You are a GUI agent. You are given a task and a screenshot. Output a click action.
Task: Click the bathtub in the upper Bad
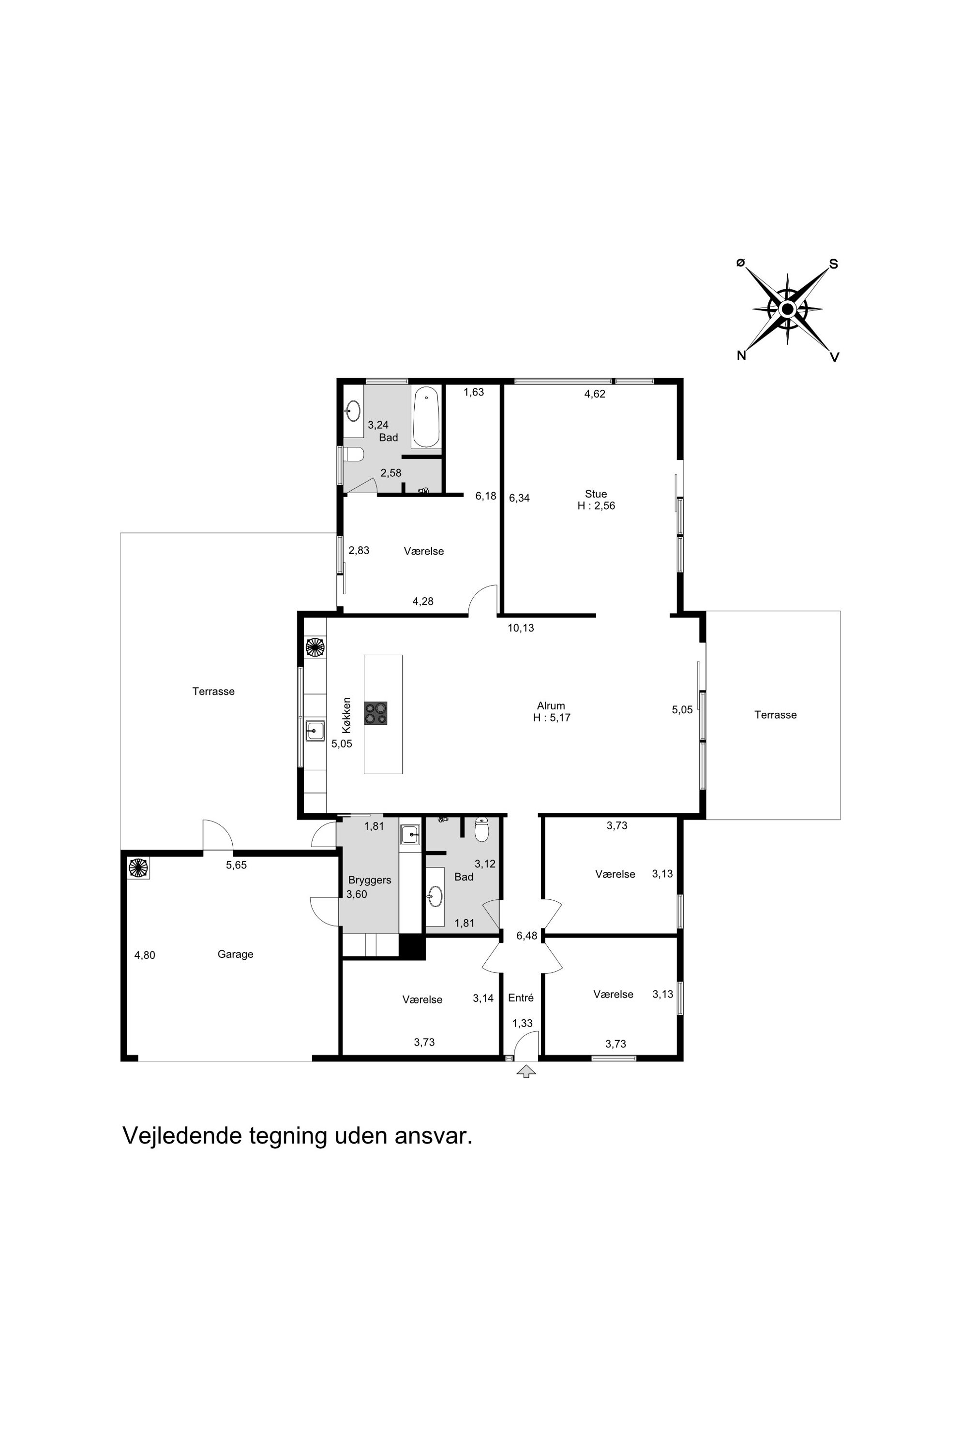426,417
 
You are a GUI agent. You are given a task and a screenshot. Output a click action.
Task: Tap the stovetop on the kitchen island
375,713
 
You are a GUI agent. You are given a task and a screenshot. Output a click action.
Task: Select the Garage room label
235,954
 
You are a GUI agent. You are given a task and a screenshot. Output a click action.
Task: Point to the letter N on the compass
741,355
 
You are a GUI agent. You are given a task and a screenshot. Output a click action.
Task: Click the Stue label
596,494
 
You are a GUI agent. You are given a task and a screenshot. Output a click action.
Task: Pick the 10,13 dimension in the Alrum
521,628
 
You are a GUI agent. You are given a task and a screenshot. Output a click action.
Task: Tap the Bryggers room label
369,880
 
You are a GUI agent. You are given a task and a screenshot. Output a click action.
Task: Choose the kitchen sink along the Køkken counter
315,731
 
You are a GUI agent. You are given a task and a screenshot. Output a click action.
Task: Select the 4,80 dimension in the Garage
145,955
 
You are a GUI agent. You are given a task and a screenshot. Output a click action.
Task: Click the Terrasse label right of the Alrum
775,715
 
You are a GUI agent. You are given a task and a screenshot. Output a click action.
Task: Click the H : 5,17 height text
552,718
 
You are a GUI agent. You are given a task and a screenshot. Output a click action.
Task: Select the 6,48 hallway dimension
526,936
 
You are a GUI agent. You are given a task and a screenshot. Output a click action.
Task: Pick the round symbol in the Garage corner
138,867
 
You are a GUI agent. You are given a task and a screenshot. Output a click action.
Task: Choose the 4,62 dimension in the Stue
595,394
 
